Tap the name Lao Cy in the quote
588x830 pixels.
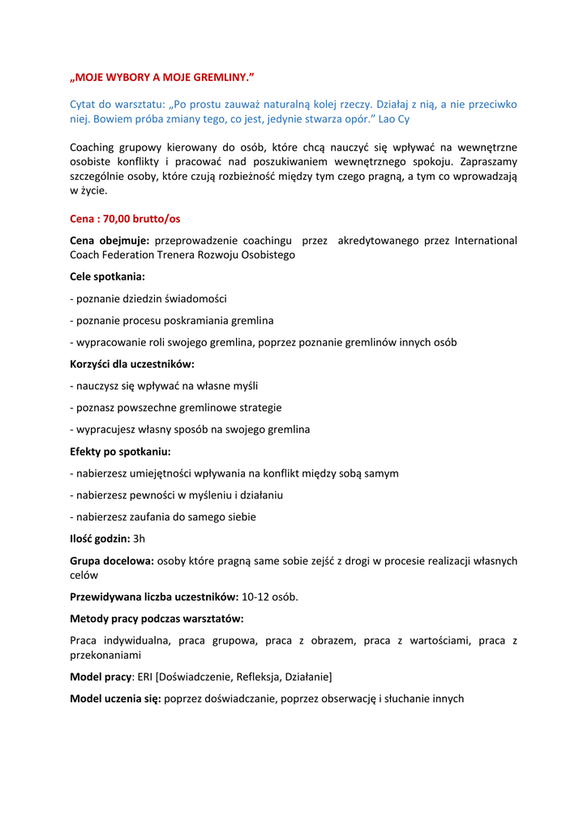pyautogui.click(x=394, y=119)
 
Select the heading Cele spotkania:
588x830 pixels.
pyautogui.click(x=108, y=276)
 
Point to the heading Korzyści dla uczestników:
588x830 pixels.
pyautogui.click(x=132, y=364)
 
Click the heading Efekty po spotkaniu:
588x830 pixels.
pyautogui.click(x=120, y=451)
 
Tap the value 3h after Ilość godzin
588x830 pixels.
pyautogui.click(x=139, y=538)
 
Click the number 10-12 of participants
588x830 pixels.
pyautogui.click(x=256, y=597)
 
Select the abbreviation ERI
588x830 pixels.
pyautogui.click(x=145, y=676)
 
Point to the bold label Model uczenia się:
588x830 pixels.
pyautogui.click(x=115, y=698)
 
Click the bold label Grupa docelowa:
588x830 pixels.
pyautogui.click(x=112, y=561)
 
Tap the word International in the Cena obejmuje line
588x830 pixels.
pyautogui.click(x=486, y=241)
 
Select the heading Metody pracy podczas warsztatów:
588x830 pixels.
pyautogui.click(x=157, y=619)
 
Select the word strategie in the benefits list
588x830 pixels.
pyautogui.click(x=257, y=408)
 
